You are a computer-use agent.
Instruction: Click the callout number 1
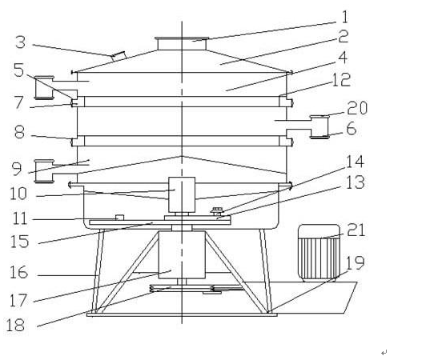pos(345,17)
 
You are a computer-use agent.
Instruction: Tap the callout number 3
pos(20,42)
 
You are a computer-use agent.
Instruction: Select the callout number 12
pos(341,80)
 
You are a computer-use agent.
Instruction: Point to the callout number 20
pos(357,108)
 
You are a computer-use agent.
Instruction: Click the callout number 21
pos(356,230)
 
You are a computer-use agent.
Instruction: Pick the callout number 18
pos(15,326)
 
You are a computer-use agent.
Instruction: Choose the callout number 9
pos(17,170)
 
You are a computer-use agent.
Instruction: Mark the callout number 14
pos(355,162)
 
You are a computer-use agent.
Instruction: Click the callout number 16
pos(18,272)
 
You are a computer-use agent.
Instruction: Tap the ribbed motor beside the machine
pos(319,252)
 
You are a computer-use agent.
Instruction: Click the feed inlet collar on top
pos(182,43)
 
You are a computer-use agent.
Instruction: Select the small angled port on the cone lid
pos(119,56)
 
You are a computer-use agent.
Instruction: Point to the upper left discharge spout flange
pos(44,87)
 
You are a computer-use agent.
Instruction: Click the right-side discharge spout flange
pos(319,127)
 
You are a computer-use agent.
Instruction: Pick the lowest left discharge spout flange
pos(44,171)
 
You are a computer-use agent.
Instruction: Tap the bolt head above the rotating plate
pos(217,210)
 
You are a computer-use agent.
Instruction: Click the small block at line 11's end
pos(119,218)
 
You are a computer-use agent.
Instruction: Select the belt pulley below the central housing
pos(182,289)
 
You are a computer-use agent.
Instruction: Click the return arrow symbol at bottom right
pos(384,353)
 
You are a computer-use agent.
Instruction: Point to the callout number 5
pos(19,70)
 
